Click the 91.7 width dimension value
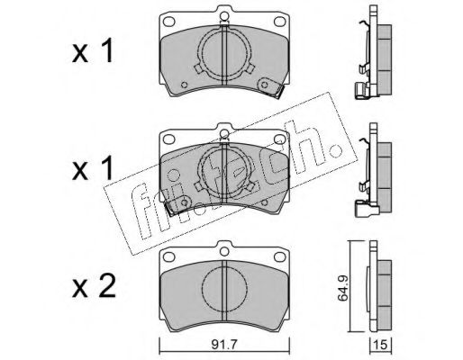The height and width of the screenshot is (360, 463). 224,345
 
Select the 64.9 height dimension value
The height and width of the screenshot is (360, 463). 342,289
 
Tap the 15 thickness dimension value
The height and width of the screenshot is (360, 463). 380,345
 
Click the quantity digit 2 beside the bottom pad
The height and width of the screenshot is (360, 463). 107,287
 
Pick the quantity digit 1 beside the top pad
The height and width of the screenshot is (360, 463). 107,50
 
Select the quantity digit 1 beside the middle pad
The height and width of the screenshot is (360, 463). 107,167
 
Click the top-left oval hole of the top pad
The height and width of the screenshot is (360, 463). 168,22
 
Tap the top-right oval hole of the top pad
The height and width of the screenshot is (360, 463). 279,22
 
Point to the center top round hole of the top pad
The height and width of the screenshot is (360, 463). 224,15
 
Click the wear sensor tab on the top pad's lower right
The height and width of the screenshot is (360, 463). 271,87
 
